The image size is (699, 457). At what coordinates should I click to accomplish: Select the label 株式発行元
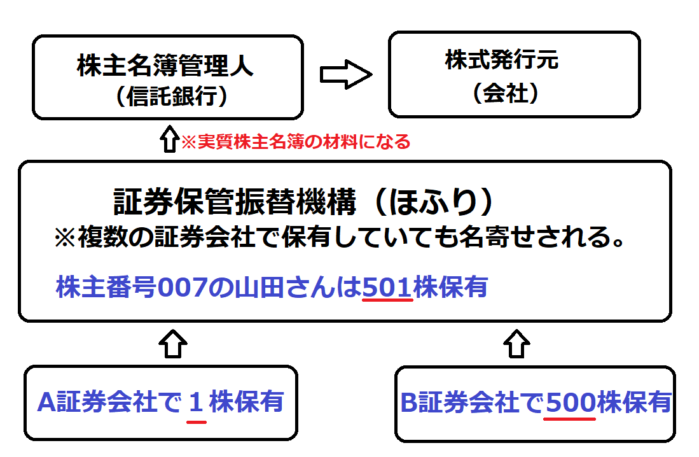coord(502,61)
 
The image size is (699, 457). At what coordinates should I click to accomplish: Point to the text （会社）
coord(506,94)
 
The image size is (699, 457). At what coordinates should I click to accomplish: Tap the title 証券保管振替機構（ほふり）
coord(305,202)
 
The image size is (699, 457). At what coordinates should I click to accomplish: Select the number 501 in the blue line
coord(387,287)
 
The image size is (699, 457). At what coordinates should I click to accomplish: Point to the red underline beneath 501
coord(387,300)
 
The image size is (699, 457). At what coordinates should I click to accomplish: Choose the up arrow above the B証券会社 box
coord(516,344)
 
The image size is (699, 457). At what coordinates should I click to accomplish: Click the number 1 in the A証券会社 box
coord(197,402)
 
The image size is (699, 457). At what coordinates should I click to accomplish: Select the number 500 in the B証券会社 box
coord(570,402)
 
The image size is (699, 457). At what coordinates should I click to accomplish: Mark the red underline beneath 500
coord(570,418)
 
